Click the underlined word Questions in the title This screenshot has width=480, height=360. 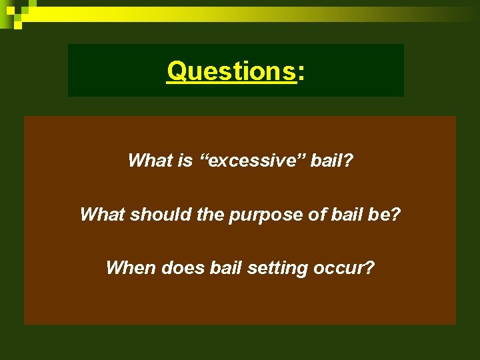coord(231,71)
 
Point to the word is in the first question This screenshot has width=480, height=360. coord(187,161)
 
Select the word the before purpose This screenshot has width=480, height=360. coord(211,214)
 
